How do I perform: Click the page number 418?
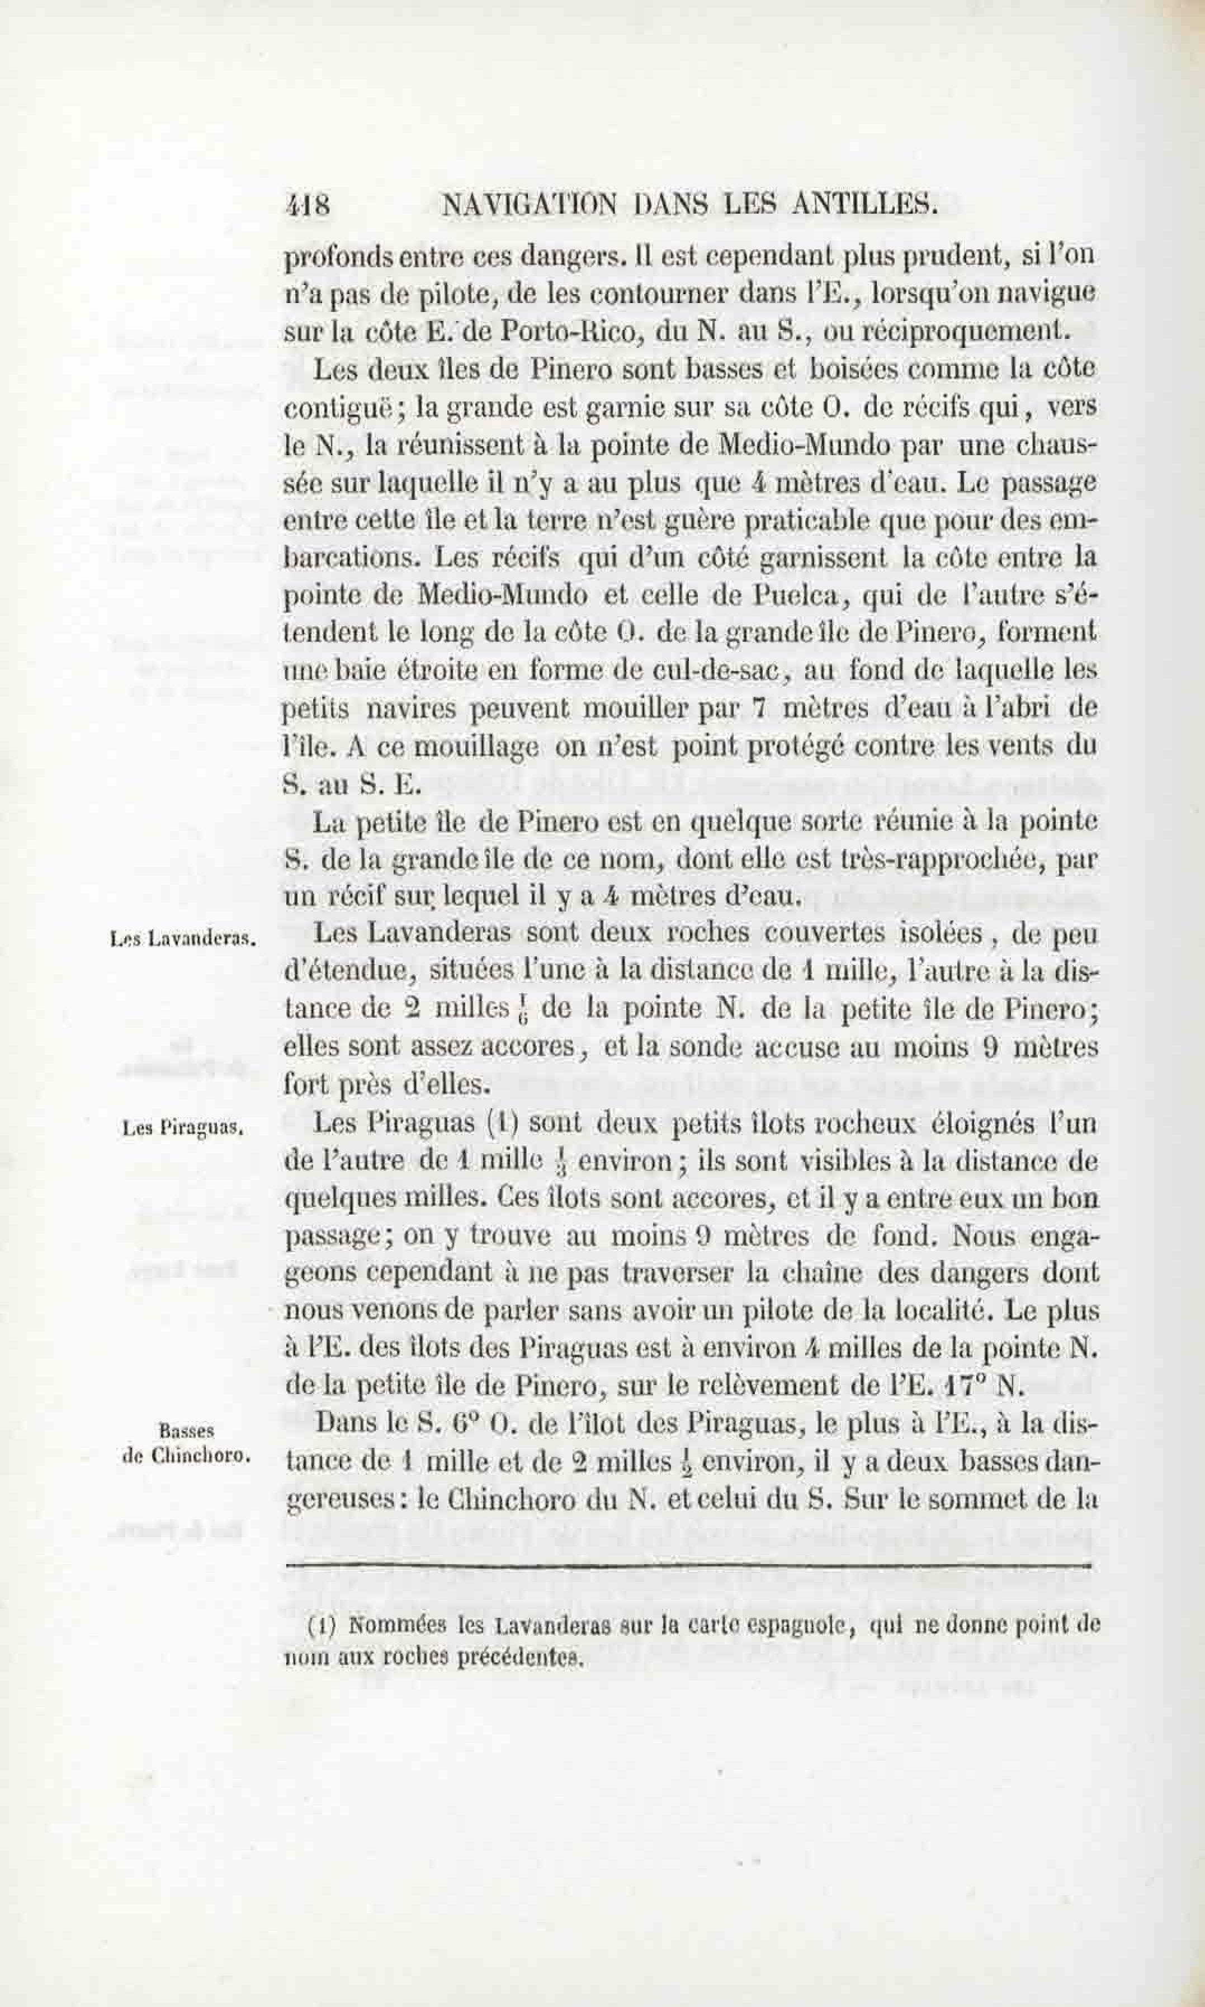click(x=307, y=206)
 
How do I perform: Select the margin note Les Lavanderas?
click(x=183, y=939)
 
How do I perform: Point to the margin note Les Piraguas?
click(x=183, y=1128)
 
